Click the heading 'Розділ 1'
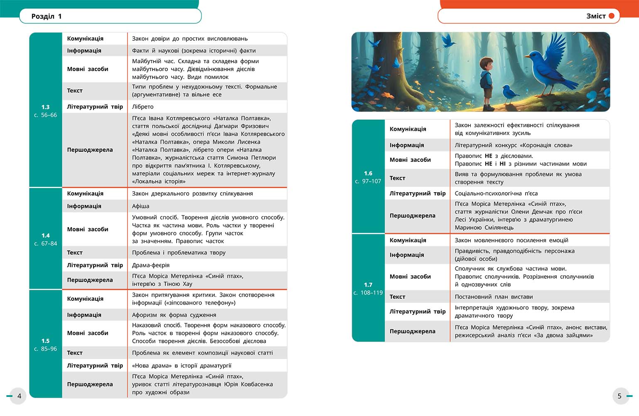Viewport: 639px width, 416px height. [x=47, y=16]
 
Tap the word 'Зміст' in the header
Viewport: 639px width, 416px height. [x=596, y=16]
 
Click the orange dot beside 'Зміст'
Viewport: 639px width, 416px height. [x=612, y=16]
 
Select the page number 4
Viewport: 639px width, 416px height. [x=19, y=396]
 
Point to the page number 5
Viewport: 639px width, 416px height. [x=619, y=396]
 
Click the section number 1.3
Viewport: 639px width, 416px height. [x=46, y=107]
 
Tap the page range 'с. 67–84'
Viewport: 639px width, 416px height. [x=46, y=243]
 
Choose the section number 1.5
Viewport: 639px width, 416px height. [x=46, y=341]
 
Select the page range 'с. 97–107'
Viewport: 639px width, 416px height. [x=368, y=181]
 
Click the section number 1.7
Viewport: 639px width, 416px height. [x=368, y=285]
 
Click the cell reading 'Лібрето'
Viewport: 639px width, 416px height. [x=143, y=106]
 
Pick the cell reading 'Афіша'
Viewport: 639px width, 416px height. [x=141, y=206]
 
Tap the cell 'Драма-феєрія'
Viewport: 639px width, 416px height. [x=151, y=265]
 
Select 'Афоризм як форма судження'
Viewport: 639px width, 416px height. [x=174, y=315]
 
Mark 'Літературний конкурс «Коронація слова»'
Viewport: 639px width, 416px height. [x=514, y=145]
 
